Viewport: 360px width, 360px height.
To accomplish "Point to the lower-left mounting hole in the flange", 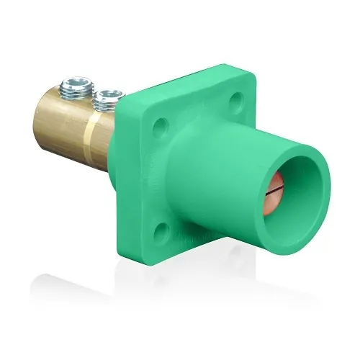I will click(162, 230).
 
